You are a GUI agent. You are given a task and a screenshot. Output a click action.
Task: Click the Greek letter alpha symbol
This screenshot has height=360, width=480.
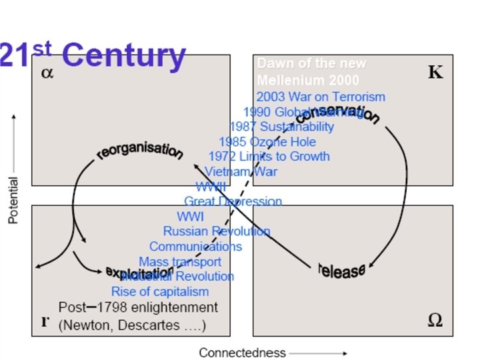[47, 73]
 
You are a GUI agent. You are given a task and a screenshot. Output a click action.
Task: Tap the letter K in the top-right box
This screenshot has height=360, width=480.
[435, 72]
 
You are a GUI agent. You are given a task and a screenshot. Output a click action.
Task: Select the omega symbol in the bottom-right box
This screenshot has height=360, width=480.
[434, 320]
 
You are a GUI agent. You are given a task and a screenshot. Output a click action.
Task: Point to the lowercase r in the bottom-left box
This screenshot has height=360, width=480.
[45, 321]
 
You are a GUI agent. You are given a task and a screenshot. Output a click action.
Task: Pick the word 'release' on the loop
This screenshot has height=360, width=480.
[341, 269]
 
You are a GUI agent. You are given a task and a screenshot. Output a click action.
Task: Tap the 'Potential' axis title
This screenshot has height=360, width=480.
[13, 200]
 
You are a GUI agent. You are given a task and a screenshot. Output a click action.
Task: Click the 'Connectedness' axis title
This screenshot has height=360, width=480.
[242, 353]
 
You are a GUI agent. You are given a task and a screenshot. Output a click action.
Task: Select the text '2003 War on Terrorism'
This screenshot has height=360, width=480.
[321, 97]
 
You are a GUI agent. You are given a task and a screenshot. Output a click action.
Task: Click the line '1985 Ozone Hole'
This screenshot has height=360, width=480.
[267, 141]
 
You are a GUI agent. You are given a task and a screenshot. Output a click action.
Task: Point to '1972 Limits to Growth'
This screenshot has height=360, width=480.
[269, 156]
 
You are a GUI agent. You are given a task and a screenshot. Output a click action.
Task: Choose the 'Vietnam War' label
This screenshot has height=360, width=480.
[241, 171]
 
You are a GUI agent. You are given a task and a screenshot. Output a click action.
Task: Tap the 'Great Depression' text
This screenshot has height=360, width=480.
[233, 201]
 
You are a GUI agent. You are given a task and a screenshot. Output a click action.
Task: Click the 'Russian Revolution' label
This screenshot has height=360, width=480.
[217, 231]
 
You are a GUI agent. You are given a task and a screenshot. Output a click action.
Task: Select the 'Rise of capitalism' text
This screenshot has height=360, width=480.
[160, 291]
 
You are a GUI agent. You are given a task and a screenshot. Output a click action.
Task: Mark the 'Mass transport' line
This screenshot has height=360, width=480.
[180, 261]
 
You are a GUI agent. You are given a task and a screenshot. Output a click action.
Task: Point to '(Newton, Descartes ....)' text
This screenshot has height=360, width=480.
[132, 326]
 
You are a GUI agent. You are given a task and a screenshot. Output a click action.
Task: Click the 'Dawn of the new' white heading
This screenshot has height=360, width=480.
[311, 64]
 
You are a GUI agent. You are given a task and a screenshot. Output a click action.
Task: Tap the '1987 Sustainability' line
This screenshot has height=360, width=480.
[281, 126]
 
